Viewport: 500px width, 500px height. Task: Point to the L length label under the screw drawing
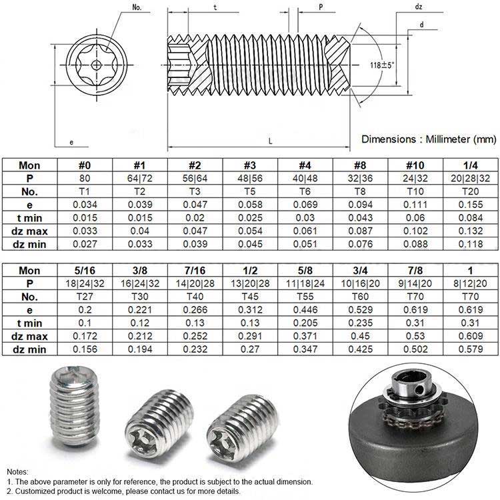[270, 141]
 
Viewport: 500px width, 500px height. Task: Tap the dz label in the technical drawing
[419, 7]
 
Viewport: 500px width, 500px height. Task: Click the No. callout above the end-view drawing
[119, 7]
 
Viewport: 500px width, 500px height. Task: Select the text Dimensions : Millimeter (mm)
[429, 139]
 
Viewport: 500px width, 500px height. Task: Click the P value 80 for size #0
[85, 179]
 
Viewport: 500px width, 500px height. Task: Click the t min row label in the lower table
[29, 323]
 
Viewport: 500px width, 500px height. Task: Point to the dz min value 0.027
[85, 243]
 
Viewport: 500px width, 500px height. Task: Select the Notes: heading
[19, 471]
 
